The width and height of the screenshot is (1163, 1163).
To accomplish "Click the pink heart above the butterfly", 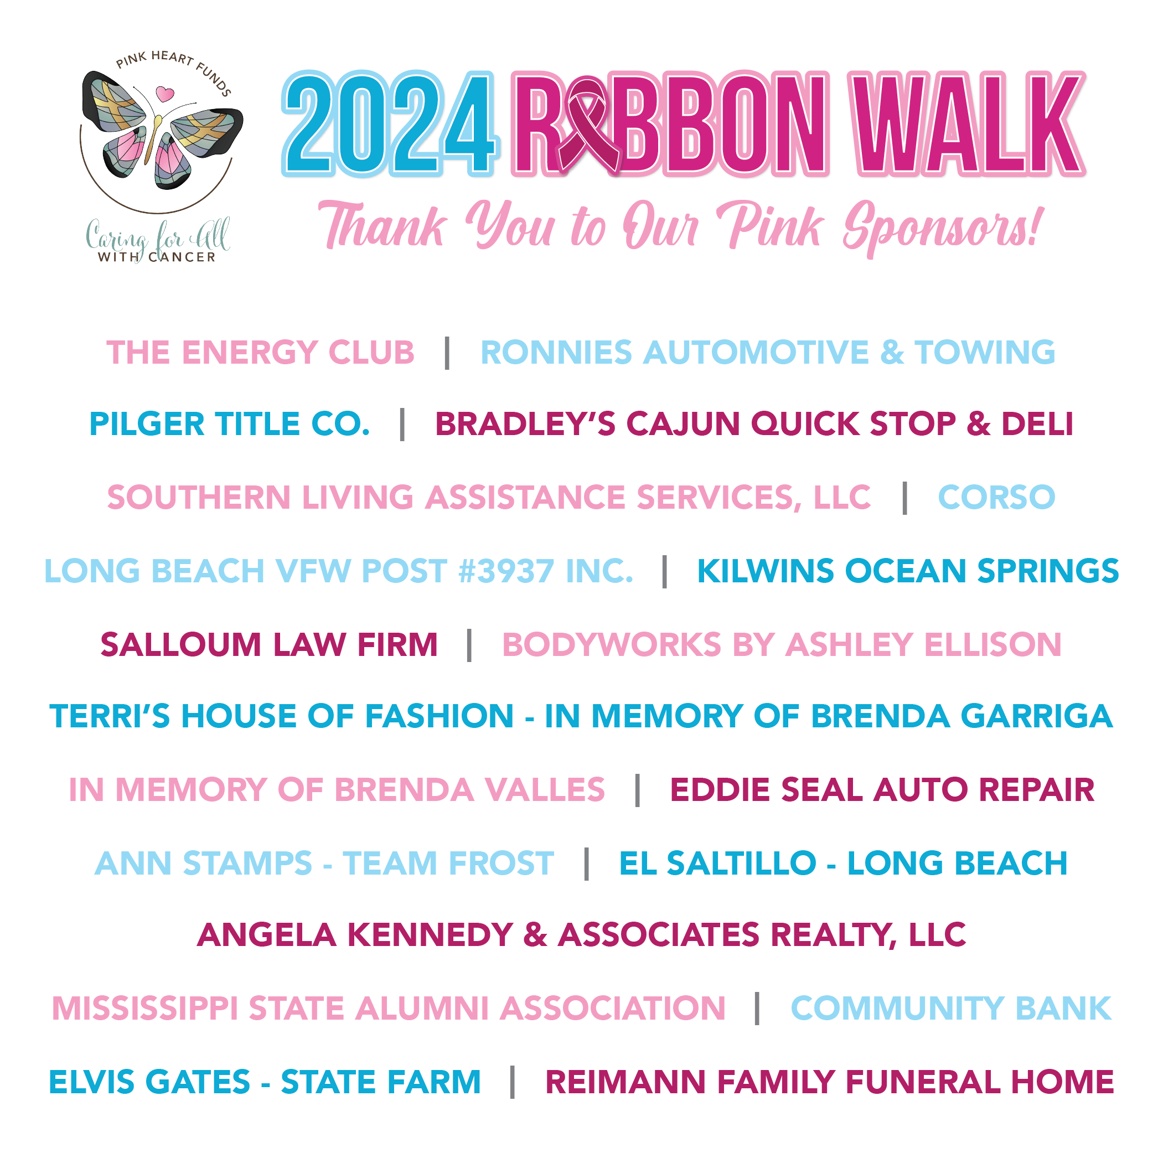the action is (x=164, y=94).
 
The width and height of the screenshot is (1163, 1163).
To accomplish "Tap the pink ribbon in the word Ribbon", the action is (x=588, y=125).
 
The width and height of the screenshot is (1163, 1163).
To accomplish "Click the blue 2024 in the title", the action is (x=390, y=123).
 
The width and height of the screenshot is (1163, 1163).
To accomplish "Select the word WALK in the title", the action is (x=966, y=123).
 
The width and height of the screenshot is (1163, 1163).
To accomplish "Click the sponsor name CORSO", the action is (x=996, y=497).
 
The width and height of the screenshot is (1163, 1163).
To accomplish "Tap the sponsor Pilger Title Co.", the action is (x=229, y=424).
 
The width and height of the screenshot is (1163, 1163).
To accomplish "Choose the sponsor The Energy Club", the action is (x=260, y=352).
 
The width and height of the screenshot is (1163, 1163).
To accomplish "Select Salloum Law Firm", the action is (x=269, y=645).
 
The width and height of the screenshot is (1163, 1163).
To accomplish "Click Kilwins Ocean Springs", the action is (x=908, y=571).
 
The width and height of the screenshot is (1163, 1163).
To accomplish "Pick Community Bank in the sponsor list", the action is (x=951, y=1009).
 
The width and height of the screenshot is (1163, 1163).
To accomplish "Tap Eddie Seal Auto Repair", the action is (x=882, y=790).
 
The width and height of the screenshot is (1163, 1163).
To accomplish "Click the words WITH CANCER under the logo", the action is (x=157, y=257).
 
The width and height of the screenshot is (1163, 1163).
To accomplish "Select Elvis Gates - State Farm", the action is (x=265, y=1082).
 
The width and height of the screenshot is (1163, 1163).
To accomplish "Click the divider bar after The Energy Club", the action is (x=447, y=353).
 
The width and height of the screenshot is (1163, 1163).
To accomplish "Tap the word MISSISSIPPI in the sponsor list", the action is (x=145, y=1009).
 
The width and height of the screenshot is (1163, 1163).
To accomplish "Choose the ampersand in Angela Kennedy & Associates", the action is (x=535, y=935).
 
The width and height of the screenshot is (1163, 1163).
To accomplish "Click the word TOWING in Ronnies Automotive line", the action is (x=985, y=352).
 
